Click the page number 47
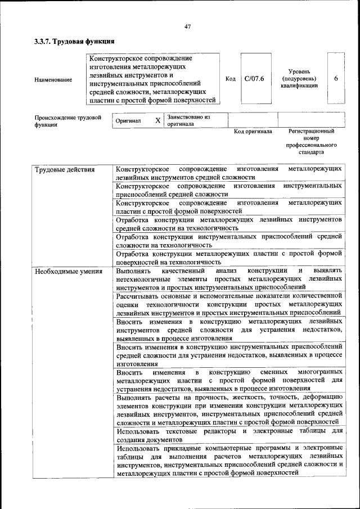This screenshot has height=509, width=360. [x=188, y=26]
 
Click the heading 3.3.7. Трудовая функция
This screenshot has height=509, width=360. [x=74, y=42]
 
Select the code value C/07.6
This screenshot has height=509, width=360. [x=254, y=79]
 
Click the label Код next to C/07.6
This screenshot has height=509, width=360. [x=230, y=79]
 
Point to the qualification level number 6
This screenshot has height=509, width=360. [x=336, y=79]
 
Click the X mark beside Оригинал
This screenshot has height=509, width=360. [x=157, y=120]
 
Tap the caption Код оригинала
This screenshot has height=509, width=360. [x=253, y=131]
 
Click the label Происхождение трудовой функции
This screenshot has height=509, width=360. [x=67, y=121]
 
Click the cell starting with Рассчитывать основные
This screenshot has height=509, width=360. [x=229, y=303]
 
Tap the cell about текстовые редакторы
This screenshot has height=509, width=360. [x=229, y=435]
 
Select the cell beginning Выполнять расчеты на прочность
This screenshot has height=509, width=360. [x=229, y=409]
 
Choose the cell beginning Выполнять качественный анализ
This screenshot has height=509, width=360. [x=229, y=279]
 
